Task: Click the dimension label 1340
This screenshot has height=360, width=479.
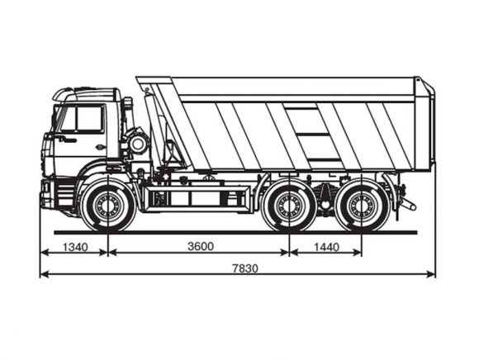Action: click(75, 247)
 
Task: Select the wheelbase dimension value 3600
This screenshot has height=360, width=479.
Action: click(201, 246)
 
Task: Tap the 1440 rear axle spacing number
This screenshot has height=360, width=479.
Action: click(326, 247)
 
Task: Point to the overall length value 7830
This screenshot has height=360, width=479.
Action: click(245, 268)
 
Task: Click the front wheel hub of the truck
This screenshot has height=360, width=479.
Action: click(108, 205)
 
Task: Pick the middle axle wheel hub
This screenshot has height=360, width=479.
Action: click(288, 205)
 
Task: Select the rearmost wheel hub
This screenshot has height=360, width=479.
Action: click(362, 205)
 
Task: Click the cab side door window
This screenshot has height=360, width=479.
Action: click(88, 117)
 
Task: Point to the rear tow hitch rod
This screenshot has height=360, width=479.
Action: click(409, 204)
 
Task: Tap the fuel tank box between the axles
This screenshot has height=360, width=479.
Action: click(196, 199)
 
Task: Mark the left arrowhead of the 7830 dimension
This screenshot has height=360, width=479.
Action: click(45, 274)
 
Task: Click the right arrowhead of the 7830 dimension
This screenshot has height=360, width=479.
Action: click(431, 274)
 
